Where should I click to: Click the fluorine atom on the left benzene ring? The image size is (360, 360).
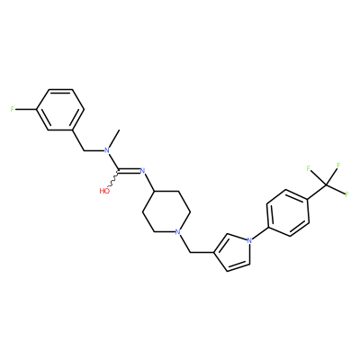pyautogui.click(x=13, y=110)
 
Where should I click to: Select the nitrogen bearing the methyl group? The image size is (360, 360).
pyautogui.click(x=105, y=150)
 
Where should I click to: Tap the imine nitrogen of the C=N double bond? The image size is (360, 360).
pyautogui.click(x=142, y=171)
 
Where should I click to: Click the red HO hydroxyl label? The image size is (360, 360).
pyautogui.click(x=104, y=191)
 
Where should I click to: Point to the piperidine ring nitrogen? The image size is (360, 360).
pyautogui.click(x=178, y=232)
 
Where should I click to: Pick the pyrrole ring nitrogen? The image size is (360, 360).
pyautogui.click(x=249, y=240)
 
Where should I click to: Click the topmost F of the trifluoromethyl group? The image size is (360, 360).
pyautogui.click(x=338, y=165)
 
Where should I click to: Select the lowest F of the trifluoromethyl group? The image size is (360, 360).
pyautogui.click(x=346, y=194)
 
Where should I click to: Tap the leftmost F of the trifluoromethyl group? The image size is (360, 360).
pyautogui.click(x=309, y=168)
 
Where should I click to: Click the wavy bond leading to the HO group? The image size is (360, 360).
pyautogui.click(x=114, y=178)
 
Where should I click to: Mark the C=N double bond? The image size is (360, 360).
pyautogui.click(x=129, y=171)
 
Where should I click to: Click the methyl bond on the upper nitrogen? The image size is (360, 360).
pyautogui.click(x=113, y=139)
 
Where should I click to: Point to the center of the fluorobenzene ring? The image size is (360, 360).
pyautogui.click(x=60, y=110)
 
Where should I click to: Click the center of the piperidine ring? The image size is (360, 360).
pyautogui.click(x=166, y=211)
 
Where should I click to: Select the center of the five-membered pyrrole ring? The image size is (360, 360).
pyautogui.click(x=233, y=251)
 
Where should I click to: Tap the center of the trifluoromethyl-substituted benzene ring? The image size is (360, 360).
pyautogui.click(x=288, y=212)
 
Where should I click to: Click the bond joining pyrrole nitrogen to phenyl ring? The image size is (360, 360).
pyautogui.click(x=259, y=234)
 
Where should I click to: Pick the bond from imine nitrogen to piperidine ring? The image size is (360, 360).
pyautogui.click(x=149, y=184)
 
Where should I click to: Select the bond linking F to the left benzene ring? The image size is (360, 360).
pyautogui.click(x=26, y=110)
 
